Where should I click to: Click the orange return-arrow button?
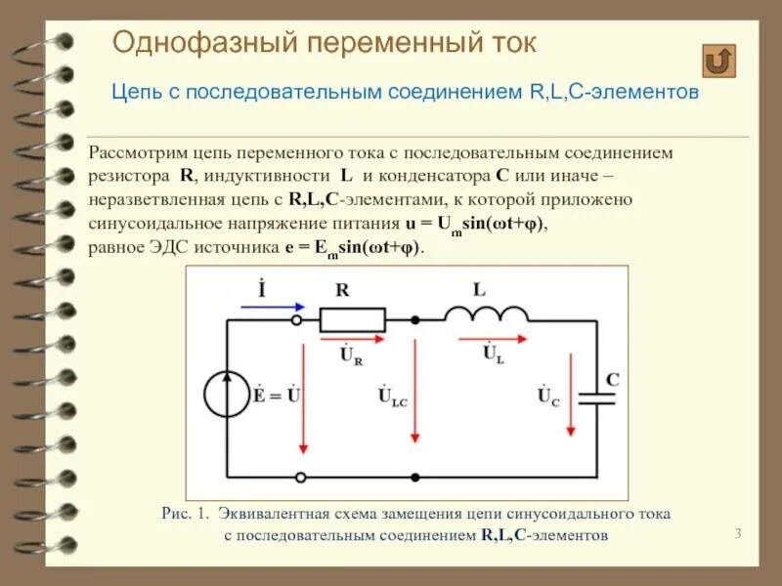pyautogui.click(x=719, y=61)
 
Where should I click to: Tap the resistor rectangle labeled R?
pyautogui.click(x=352, y=318)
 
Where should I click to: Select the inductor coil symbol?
pyautogui.click(x=485, y=313)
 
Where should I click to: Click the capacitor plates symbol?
pyautogui.click(x=596, y=398)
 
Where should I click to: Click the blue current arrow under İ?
pyautogui.click(x=262, y=306)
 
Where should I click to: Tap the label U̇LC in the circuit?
pyautogui.click(x=393, y=397)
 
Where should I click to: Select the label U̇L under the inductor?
pyautogui.click(x=494, y=355)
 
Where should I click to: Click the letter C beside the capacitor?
pyautogui.click(x=612, y=378)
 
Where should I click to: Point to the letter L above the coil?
pyautogui.click(x=478, y=290)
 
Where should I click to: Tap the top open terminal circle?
pyautogui.click(x=300, y=318)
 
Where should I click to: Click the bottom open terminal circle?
pyautogui.click(x=300, y=477)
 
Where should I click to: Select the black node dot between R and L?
pyautogui.click(x=415, y=318)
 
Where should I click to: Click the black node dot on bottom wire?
pyautogui.click(x=415, y=477)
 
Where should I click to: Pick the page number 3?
pyautogui.click(x=738, y=532)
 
